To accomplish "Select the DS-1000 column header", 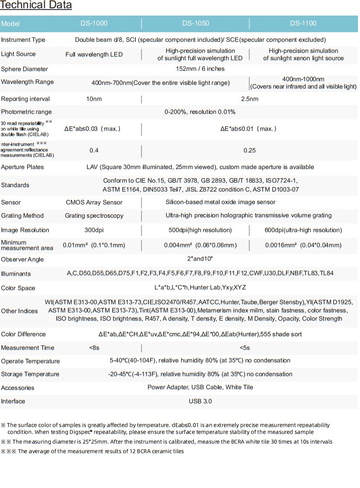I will click(94, 24).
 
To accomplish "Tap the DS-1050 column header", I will click(196, 24).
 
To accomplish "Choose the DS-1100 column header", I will click(303, 24).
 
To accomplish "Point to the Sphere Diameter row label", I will click(25, 69).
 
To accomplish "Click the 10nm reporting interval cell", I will click(94, 99).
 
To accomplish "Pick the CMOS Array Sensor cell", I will click(94, 202).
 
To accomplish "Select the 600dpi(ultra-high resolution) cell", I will click(303, 230).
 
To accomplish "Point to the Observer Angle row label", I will click(23, 260).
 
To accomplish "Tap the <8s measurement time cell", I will click(94, 348).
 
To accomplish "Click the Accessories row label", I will click(18, 388).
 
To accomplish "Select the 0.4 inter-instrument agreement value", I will click(94, 150).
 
